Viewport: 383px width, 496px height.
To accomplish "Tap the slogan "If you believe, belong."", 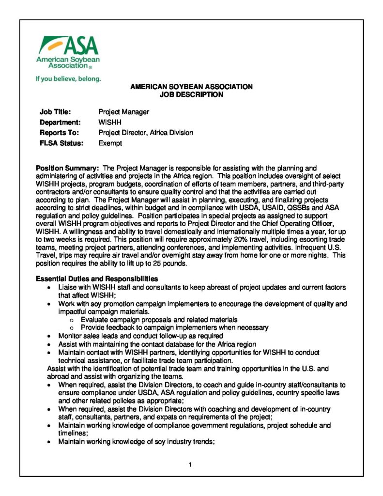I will pyautogui.click(x=68, y=78).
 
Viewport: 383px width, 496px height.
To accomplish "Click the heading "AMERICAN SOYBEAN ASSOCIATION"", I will pyautogui.click(x=191, y=87).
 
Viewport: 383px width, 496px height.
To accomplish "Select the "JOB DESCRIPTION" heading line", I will pyautogui.click(x=191, y=94).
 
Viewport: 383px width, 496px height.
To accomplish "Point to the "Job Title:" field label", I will pyautogui.click(x=55, y=112).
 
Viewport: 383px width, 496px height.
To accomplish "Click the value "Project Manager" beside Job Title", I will pyautogui.click(x=123, y=112).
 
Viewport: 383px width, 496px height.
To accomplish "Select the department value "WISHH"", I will pyautogui.click(x=109, y=122).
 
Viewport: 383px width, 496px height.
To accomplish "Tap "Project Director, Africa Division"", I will pyautogui.click(x=146, y=132).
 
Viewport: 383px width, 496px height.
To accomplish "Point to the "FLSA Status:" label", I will pyautogui.click(x=61, y=143).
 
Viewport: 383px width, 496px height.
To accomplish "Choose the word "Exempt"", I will pyautogui.click(x=110, y=143).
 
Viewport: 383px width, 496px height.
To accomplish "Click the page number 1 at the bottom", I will pyautogui.click(x=191, y=465).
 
